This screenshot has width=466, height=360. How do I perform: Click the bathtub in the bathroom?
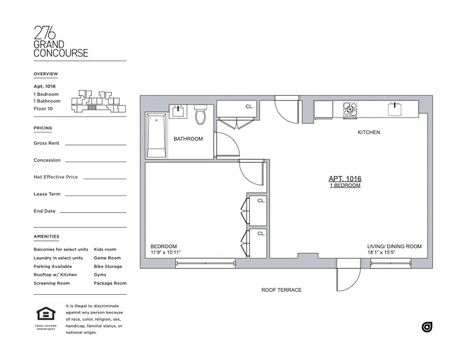(157, 136)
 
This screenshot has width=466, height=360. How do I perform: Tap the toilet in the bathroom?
(199, 115)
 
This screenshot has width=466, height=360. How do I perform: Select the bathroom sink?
(177, 111)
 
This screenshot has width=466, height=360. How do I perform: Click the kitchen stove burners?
(349, 109)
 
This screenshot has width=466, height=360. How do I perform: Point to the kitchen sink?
(394, 109)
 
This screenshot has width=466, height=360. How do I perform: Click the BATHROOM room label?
(188, 139)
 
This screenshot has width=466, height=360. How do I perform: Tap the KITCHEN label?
(369, 132)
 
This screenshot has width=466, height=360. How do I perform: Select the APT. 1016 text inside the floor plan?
(344, 179)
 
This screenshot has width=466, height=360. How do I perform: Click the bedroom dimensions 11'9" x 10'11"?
(165, 252)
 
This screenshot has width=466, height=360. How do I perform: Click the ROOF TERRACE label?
(281, 290)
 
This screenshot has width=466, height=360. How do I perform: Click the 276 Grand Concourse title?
(61, 42)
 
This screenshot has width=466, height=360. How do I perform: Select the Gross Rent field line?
(95, 144)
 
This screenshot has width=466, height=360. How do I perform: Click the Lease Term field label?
(47, 194)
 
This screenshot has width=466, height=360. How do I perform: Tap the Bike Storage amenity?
(108, 266)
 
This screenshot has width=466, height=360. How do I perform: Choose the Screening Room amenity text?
(52, 283)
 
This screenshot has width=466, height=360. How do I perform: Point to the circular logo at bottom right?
(427, 327)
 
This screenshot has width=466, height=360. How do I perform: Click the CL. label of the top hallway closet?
(249, 106)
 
